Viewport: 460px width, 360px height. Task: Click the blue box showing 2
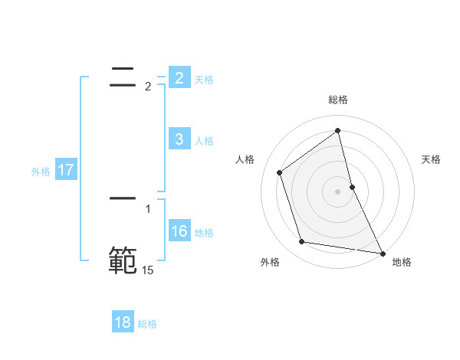(x=179, y=78)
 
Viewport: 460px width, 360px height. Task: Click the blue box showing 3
(x=179, y=139)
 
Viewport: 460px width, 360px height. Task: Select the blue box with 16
(x=179, y=231)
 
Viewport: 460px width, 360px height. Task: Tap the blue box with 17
(x=66, y=170)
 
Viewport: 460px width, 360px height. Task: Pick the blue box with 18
(x=123, y=322)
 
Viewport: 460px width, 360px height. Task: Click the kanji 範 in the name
(x=123, y=260)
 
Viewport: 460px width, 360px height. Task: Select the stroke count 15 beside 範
(x=147, y=270)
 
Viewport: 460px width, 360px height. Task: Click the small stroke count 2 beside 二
(x=148, y=87)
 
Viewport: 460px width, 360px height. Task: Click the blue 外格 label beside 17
(x=41, y=172)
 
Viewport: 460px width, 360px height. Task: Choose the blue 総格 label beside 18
(x=147, y=324)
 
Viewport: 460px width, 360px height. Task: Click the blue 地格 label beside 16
(x=204, y=233)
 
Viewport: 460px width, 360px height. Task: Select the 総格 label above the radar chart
(x=338, y=100)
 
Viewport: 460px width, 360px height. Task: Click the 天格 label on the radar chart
(x=432, y=159)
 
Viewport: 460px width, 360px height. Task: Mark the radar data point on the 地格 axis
(x=382, y=253)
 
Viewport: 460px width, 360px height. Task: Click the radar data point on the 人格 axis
(x=280, y=172)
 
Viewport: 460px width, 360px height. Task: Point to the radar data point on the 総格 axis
(x=338, y=130)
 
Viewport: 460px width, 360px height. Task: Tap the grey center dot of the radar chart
(x=338, y=191)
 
